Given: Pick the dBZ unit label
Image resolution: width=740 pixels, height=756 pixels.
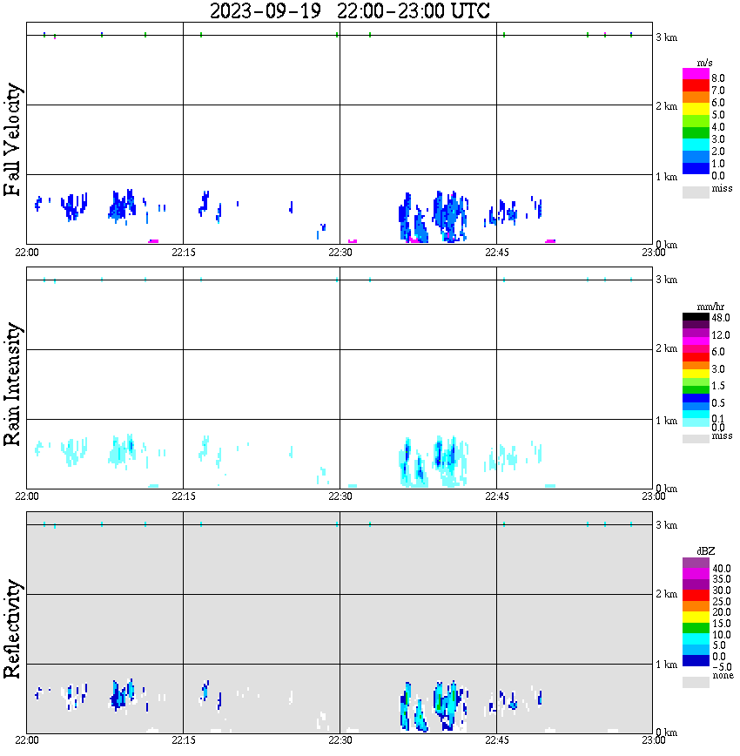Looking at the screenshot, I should [x=706, y=550].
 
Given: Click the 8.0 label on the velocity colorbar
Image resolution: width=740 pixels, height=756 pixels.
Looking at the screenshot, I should [x=718, y=78].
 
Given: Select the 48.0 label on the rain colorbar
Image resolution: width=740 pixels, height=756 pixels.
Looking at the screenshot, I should [x=720, y=319].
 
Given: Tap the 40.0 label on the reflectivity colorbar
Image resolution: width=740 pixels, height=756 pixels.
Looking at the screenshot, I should [x=720, y=568].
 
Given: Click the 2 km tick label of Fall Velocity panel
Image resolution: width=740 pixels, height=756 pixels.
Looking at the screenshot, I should [x=666, y=106].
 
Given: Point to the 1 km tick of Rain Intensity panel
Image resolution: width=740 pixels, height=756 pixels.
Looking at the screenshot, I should [x=666, y=421].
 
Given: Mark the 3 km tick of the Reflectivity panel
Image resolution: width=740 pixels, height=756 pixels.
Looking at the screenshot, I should [x=666, y=525].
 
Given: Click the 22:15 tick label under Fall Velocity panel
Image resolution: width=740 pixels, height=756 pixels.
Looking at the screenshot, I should [x=183, y=252].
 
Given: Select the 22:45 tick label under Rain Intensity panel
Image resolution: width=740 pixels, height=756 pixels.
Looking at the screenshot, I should [x=496, y=496].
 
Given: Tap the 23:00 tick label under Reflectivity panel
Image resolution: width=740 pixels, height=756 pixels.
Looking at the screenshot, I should [x=653, y=740].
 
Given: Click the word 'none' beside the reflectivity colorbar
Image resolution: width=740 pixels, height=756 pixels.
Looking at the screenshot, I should [x=723, y=676].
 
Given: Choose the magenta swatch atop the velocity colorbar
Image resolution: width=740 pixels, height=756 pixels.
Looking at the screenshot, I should [x=696, y=75].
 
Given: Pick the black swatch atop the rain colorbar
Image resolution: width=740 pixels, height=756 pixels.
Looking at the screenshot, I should [x=696, y=318].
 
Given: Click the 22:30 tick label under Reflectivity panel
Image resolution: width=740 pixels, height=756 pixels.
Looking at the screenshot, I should [x=340, y=740].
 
